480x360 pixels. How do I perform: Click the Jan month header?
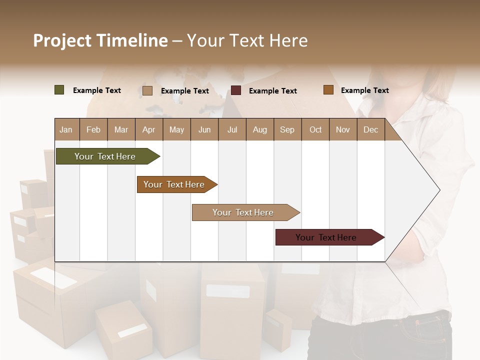coord(66,129)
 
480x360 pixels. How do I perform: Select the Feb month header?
coord(93,129)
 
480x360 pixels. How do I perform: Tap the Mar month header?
coord(121,129)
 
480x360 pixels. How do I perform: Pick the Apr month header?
coord(149,129)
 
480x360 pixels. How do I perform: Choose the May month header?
coord(176,129)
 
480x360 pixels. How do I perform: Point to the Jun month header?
coord(204,129)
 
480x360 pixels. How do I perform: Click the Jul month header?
coord(232,129)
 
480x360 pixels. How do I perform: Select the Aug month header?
coord(260,129)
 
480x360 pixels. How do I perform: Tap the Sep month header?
coord(287,129)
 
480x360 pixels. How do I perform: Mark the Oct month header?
coord(315,129)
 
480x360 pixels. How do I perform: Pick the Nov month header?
coord(343,129)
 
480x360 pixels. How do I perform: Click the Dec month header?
coord(371,129)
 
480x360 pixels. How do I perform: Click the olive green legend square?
coord(59,90)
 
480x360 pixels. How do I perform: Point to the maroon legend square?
coord(236,90)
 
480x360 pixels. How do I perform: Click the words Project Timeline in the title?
coord(100,40)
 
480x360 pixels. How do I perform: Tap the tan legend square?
coord(147,90)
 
